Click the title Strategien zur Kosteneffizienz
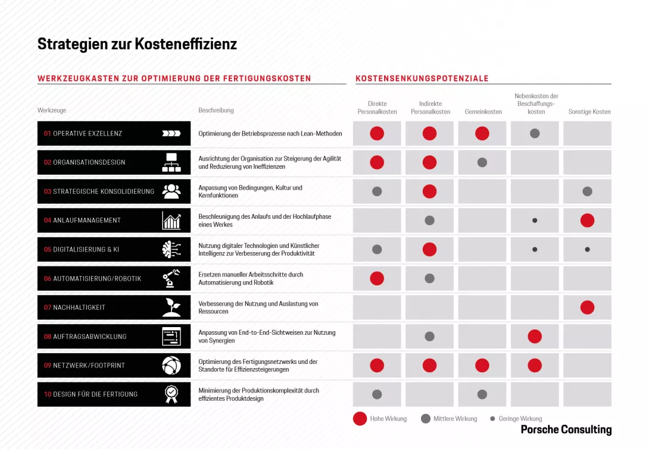[x=137, y=44]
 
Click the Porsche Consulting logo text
[x=566, y=429]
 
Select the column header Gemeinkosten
[x=483, y=112]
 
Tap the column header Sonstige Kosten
[x=589, y=112]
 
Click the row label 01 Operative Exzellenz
[x=83, y=134]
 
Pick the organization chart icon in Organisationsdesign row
[x=171, y=162]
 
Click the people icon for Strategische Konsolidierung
[x=171, y=191]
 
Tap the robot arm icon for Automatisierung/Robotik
[x=171, y=278]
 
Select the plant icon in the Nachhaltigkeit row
[x=171, y=307]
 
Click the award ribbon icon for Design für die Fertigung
[x=171, y=394]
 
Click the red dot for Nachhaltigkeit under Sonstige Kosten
[x=587, y=307]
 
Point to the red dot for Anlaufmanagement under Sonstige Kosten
[x=587, y=221]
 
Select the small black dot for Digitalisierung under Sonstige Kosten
[x=587, y=249]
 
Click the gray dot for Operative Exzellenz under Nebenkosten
[x=535, y=134]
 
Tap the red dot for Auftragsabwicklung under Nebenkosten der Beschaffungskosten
[x=535, y=337]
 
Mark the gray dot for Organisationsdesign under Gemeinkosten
[x=482, y=162]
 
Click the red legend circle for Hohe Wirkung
[x=360, y=419]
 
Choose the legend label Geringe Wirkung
[x=520, y=419]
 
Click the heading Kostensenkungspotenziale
[x=422, y=79]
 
